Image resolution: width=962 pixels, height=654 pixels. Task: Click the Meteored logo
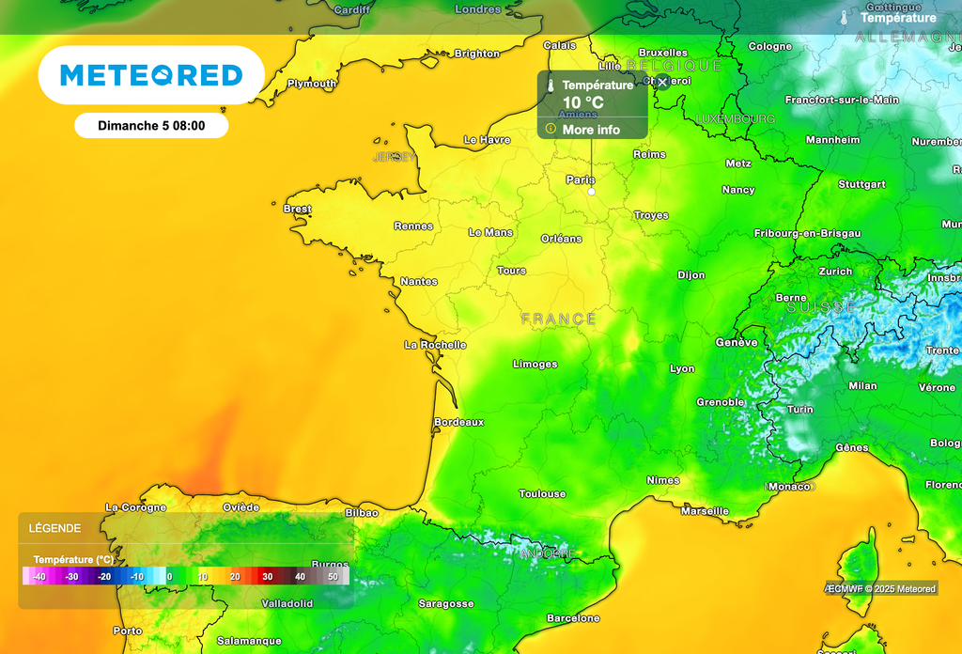point(150,75)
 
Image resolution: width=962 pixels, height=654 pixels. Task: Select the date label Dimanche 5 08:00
point(151,125)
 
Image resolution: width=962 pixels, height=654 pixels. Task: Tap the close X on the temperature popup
point(662,83)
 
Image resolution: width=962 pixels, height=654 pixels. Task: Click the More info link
point(591,130)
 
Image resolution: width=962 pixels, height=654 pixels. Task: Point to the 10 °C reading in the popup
point(582,102)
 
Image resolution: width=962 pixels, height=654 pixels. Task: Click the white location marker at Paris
point(592,192)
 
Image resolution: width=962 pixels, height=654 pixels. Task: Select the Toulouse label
point(542,493)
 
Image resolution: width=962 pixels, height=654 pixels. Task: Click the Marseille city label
point(705,511)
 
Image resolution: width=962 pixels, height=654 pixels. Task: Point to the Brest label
point(297,209)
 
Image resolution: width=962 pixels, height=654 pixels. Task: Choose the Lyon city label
point(682,368)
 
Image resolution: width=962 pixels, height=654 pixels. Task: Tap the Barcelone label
point(573,618)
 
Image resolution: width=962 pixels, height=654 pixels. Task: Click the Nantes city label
point(419,281)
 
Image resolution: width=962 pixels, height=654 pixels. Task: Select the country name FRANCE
point(559,319)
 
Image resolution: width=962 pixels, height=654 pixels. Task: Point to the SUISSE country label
point(821,307)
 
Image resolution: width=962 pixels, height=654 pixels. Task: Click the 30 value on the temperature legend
point(268,576)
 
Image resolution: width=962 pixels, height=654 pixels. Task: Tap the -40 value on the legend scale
point(39,576)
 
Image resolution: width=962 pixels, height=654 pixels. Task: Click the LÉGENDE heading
point(54,528)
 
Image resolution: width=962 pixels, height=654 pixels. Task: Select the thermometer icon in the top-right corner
point(845,18)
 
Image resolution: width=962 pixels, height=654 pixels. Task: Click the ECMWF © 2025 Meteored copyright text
point(881,589)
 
